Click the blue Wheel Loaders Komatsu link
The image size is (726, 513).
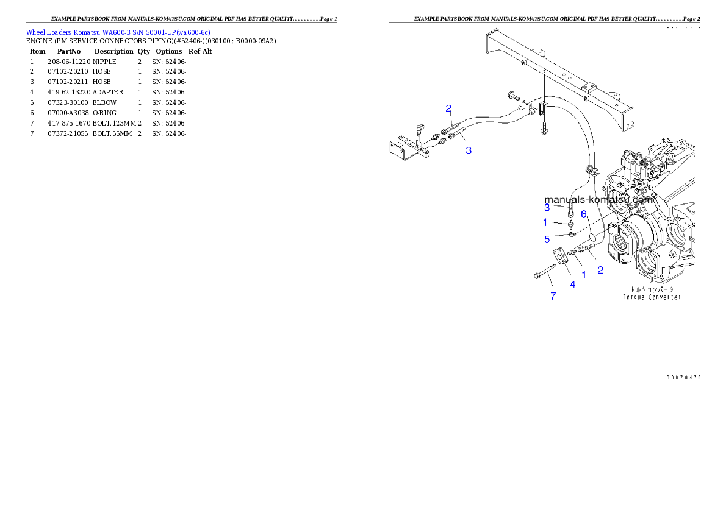pyautogui.click(x=118, y=32)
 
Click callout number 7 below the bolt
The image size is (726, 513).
pyautogui.click(x=553, y=297)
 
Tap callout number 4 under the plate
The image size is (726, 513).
pyautogui.click(x=573, y=285)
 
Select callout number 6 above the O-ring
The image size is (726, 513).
pyautogui.click(x=584, y=214)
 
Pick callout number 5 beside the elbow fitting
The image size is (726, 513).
pyautogui.click(x=547, y=239)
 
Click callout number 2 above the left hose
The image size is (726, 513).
pyautogui.click(x=448, y=108)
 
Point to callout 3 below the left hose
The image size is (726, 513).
pyautogui.click(x=469, y=150)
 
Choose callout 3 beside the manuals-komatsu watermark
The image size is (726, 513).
pyautogui.click(x=547, y=207)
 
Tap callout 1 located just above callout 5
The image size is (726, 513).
pyautogui.click(x=545, y=223)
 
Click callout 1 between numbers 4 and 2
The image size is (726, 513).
pyautogui.click(x=584, y=275)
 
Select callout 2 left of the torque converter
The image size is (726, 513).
pyautogui.click(x=600, y=270)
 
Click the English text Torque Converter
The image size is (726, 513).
pyautogui.click(x=652, y=297)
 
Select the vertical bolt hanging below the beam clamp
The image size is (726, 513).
pyautogui.click(x=544, y=129)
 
